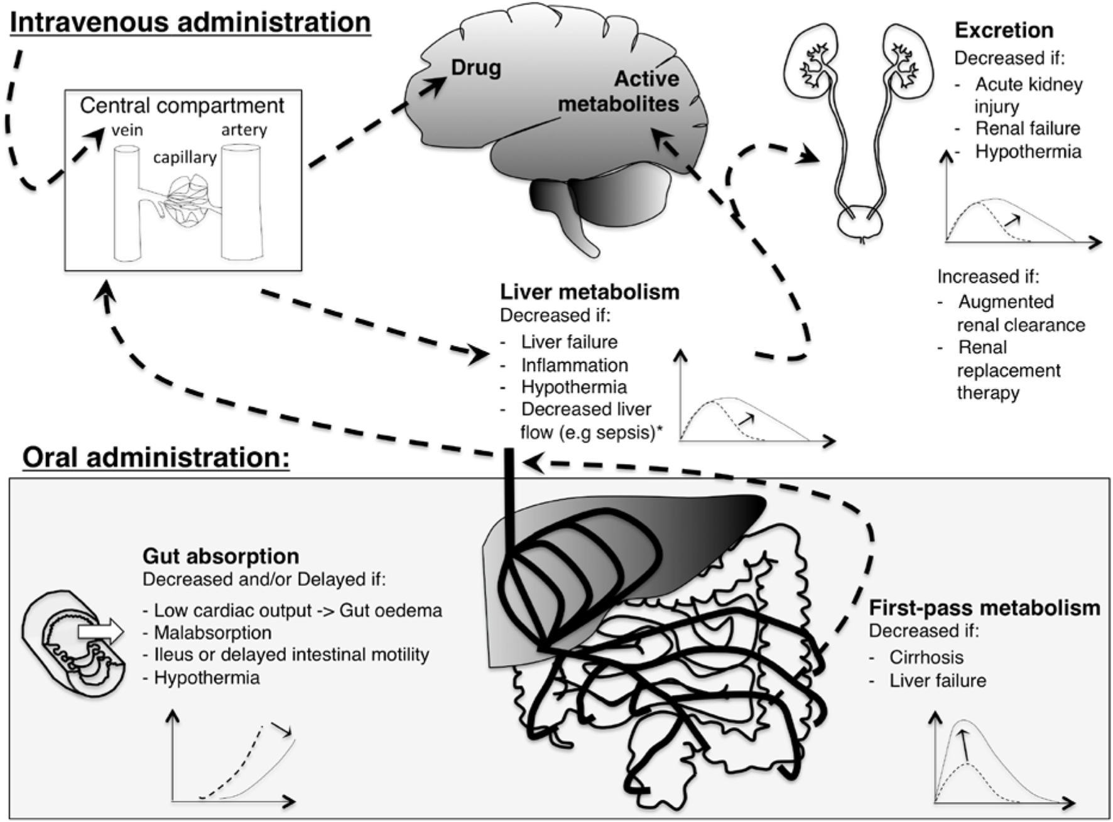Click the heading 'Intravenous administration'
(190, 22)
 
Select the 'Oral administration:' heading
(156, 457)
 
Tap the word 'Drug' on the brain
(475, 67)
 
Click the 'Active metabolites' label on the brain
(619, 91)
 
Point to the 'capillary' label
(185, 157)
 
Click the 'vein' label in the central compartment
(128, 130)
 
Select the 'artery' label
(244, 130)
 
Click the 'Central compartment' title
(182, 105)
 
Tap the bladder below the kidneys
(861, 225)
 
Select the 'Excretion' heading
(1004, 30)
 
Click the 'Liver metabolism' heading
(589, 292)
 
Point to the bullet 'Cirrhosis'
(926, 657)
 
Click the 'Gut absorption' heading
(220, 556)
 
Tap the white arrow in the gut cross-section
(100, 630)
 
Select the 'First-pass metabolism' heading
(984, 608)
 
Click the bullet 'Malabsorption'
(212, 632)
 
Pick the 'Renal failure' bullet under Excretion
(1027, 129)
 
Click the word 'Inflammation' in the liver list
(574, 365)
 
